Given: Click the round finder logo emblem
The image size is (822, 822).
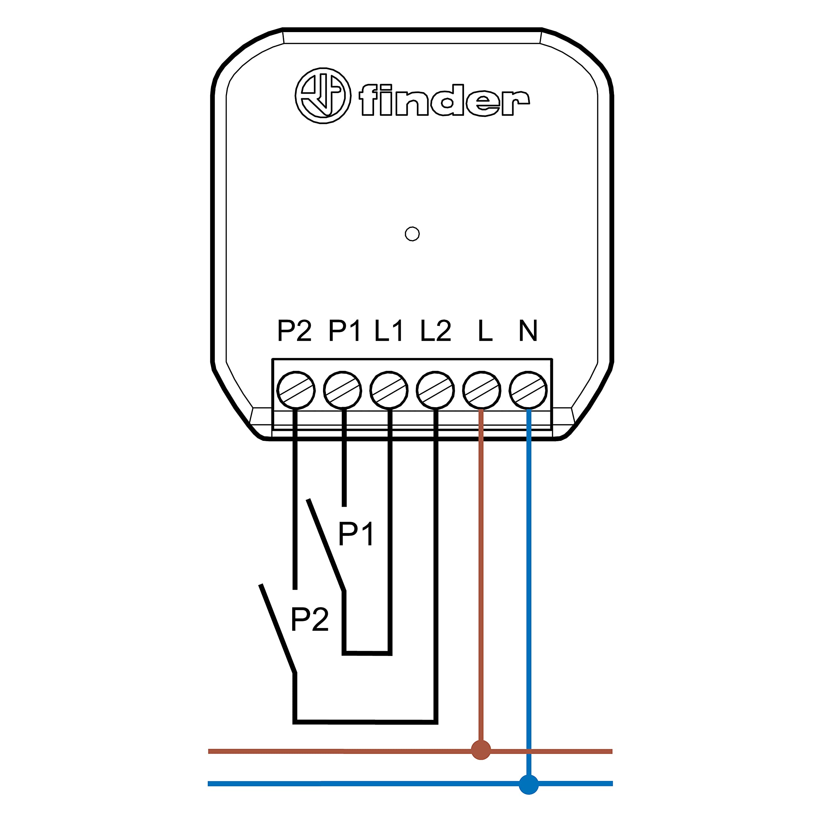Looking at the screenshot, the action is point(323,95).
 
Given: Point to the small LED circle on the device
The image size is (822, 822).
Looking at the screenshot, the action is point(412,233).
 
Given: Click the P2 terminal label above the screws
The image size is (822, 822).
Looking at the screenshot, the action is point(294,330).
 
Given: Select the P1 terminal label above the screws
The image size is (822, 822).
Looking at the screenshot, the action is point(345,330).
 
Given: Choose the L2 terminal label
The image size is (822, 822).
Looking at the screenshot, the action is point(436,330).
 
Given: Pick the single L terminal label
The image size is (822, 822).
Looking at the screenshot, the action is point(485,330).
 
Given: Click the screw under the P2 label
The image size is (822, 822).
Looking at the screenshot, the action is point(296,390).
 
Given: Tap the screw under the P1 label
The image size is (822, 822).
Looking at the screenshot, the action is point(343,390).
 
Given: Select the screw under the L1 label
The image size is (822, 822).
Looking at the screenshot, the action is point(389,390).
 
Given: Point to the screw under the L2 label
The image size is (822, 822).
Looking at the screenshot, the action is point(435,390).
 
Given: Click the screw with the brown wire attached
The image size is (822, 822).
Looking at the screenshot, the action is point(482,390).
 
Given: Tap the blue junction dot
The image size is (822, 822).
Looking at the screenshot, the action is point(529,784).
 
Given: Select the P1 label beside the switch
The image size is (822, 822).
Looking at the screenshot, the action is point(356,534).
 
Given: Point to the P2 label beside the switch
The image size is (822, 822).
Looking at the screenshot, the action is point(310,619).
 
